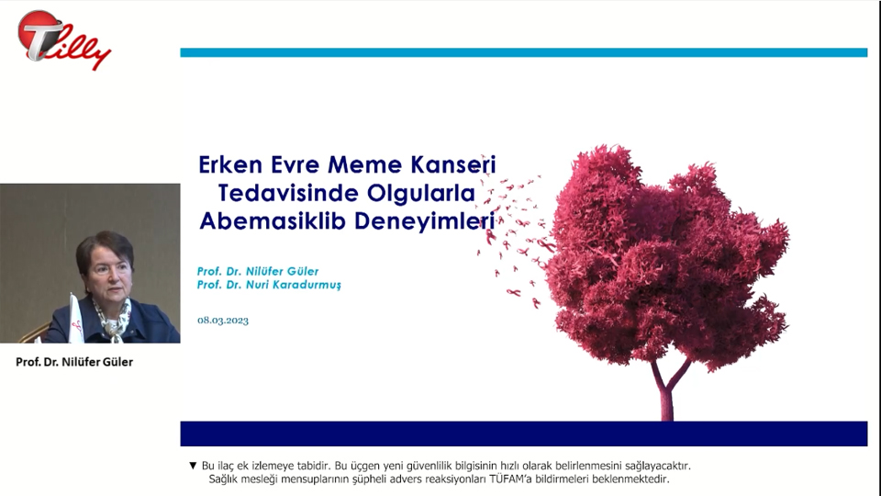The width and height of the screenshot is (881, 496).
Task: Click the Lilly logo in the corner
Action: (63, 39)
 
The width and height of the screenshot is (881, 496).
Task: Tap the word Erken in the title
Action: (230, 164)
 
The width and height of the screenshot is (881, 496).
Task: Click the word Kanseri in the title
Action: (453, 164)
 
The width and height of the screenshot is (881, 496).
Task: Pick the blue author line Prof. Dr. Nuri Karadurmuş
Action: (269, 285)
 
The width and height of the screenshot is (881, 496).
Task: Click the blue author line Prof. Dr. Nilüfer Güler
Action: (257, 271)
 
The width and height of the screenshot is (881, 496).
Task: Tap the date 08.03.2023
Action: (222, 320)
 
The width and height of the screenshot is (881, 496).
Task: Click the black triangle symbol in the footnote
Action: (193, 466)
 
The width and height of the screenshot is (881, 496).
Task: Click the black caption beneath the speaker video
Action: (74, 362)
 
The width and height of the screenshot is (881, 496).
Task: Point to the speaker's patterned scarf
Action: (113, 318)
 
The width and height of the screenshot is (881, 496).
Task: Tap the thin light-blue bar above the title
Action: (524, 53)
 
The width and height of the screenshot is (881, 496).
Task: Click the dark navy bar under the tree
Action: (524, 434)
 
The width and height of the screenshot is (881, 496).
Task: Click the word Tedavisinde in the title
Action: (288, 193)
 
